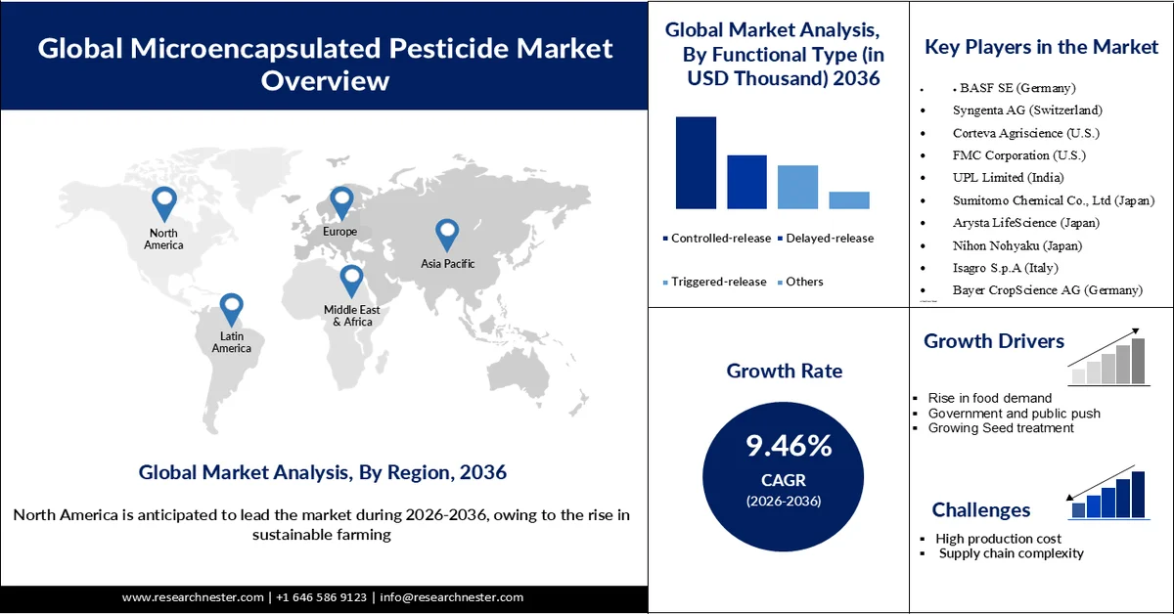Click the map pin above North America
click(x=164, y=202)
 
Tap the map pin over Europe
click(x=340, y=202)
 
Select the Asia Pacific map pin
click(x=447, y=235)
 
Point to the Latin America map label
click(x=231, y=342)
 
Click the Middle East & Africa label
click(x=351, y=316)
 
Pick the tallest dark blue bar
click(x=696, y=162)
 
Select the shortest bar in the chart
click(x=848, y=199)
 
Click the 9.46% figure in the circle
click(x=789, y=447)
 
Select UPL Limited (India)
click(x=1008, y=178)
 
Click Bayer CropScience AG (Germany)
click(x=1047, y=290)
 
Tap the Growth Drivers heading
click(x=994, y=341)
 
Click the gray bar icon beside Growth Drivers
click(x=1107, y=358)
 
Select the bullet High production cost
click(x=998, y=539)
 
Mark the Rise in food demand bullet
click(x=990, y=398)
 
